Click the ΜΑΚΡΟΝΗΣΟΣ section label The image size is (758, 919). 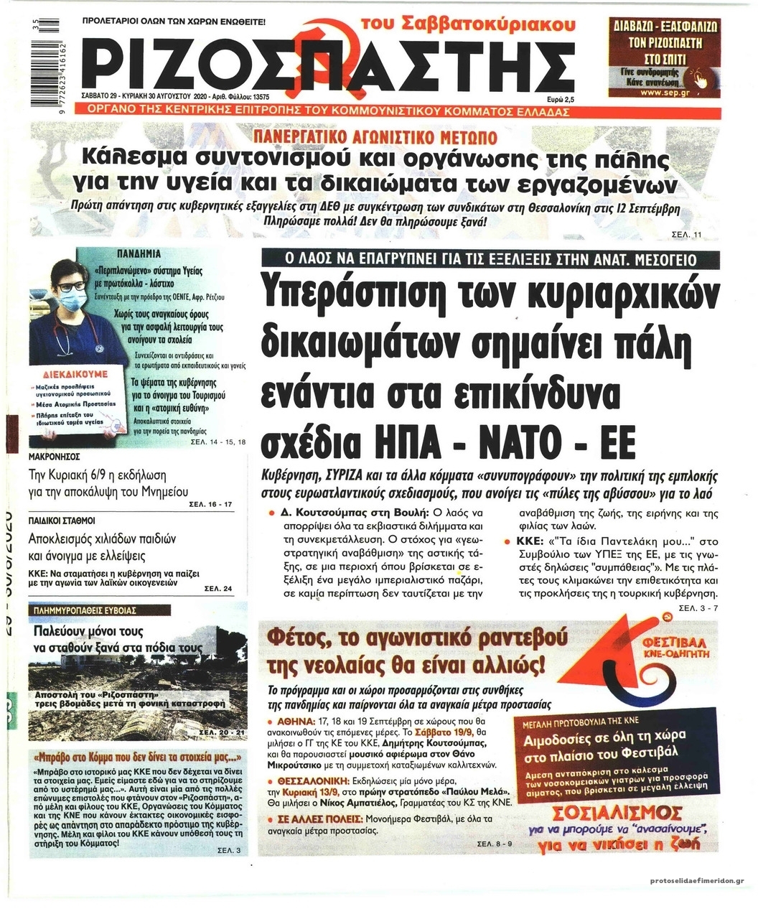55,456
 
